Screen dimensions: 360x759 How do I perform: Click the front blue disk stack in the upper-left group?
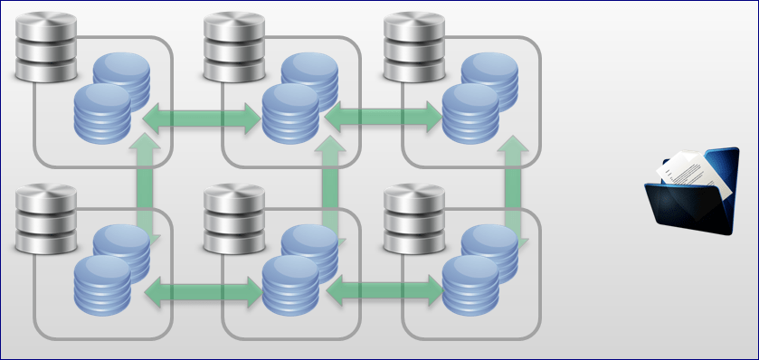(x=102, y=115)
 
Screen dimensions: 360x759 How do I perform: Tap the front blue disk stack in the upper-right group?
(x=471, y=115)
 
